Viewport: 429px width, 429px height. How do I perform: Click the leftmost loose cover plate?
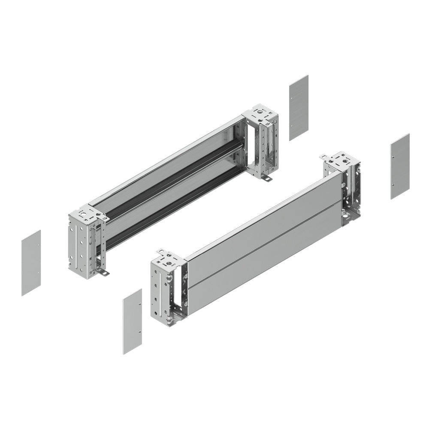31,263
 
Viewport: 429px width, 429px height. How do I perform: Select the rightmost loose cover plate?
400,166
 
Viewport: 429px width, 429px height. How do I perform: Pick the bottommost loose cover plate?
132,321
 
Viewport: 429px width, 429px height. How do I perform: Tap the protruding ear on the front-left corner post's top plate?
160,251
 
